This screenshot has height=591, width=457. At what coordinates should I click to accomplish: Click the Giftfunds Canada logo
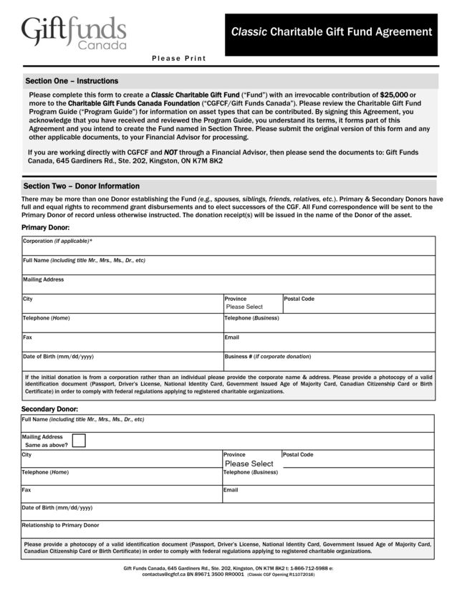(x=74, y=33)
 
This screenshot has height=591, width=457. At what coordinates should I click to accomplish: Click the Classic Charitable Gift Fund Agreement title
(x=331, y=32)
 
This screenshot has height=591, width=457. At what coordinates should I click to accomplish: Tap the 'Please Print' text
(x=178, y=59)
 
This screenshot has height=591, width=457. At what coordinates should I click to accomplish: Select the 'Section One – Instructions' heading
(x=72, y=81)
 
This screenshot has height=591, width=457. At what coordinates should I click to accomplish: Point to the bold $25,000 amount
(x=393, y=95)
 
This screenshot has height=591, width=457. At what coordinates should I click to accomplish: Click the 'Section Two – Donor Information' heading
(x=81, y=186)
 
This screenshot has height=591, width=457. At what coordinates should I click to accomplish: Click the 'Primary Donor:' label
(x=46, y=227)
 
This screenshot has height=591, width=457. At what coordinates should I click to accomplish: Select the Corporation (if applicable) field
(x=228, y=249)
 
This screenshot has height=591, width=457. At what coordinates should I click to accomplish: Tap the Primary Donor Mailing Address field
(x=228, y=287)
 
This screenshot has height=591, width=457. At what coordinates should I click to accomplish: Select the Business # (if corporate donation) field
(x=329, y=363)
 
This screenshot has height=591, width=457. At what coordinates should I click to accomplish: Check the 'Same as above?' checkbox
(x=79, y=441)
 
